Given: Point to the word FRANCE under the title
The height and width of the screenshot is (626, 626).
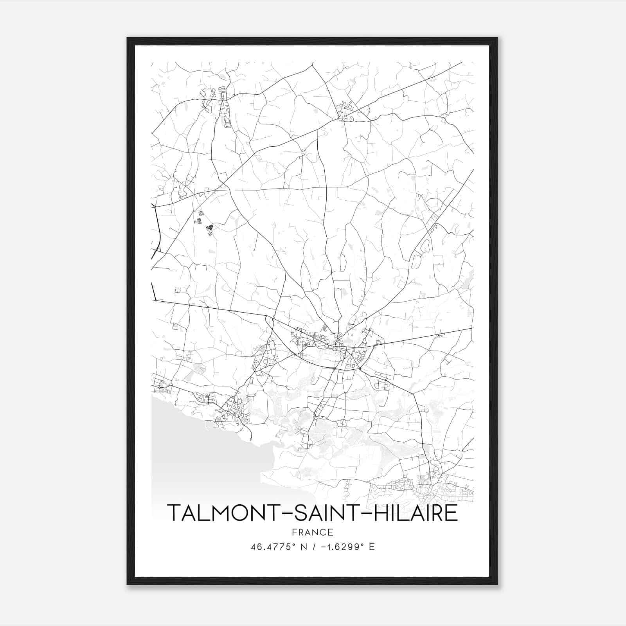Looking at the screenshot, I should [312, 532].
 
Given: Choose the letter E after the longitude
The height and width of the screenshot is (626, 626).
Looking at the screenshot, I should [372, 547].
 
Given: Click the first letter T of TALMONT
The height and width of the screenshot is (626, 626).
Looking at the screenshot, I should [174, 513].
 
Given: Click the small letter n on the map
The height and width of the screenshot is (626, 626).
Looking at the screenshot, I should [195, 222].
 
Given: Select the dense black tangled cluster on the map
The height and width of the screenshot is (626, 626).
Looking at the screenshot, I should [210, 227].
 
